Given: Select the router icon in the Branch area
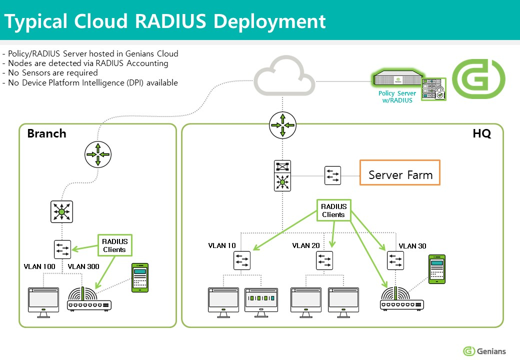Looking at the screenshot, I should coord(97,153).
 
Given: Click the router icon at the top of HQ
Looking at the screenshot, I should coord(282,125).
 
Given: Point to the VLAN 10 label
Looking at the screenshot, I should coord(222,245).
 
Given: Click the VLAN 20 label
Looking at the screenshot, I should coord(306,245).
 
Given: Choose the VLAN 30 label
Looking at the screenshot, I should coord(412,246).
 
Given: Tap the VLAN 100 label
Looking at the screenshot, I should coord(39,266).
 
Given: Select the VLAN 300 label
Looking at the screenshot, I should coord(83,266).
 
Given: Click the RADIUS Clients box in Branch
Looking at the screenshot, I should coord(115,245).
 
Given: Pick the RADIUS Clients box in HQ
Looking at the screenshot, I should coord(333,210).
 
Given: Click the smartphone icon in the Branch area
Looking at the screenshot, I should coord(140,277).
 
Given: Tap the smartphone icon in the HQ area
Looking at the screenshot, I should coord(437,270).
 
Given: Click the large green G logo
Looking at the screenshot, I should coord(478,78).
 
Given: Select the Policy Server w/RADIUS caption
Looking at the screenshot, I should coord(397,97).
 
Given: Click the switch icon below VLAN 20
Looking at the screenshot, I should coord(324,260).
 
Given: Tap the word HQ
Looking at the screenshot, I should coord(482,134).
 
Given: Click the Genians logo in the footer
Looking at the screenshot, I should coord(484,351).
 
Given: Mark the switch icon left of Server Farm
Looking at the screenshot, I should coord(332,175).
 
